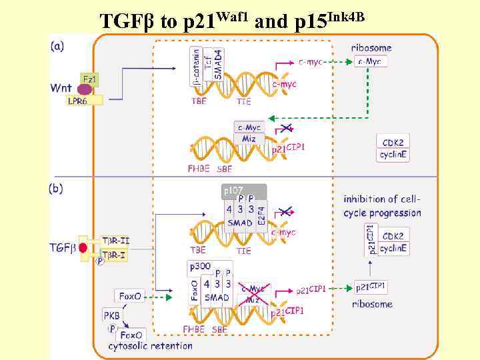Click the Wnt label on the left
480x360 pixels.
(x=62, y=88)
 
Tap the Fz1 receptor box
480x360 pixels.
(x=89, y=79)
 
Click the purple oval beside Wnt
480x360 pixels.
(x=85, y=89)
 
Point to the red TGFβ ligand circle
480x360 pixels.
(x=83, y=248)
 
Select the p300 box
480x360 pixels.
(x=199, y=267)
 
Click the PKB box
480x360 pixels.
(x=111, y=314)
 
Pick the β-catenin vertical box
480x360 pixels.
(x=196, y=67)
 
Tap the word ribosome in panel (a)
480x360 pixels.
(x=371, y=48)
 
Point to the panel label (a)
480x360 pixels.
(x=57, y=47)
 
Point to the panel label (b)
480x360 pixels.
(x=57, y=189)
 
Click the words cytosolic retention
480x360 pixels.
(x=151, y=345)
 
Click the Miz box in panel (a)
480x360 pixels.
(x=248, y=138)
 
